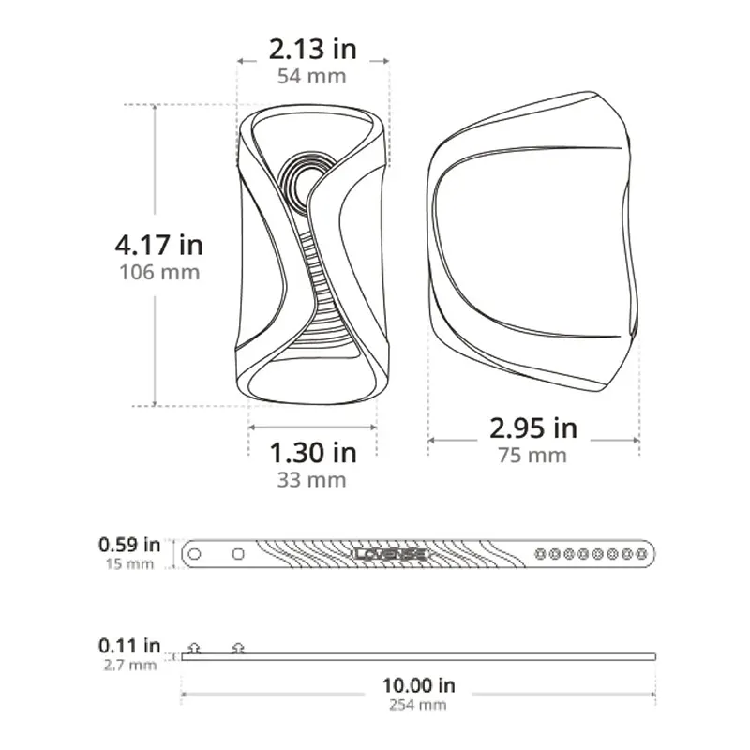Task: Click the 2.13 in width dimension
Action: point(313,50)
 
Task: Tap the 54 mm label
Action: point(312,77)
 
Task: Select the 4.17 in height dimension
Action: point(159,245)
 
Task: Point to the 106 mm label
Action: point(159,272)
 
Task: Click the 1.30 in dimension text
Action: point(313,453)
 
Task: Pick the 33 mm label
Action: point(312,480)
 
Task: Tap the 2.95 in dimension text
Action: point(533,428)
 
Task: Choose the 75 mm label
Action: point(532,456)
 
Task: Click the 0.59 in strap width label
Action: point(129,545)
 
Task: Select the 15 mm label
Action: point(129,564)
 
